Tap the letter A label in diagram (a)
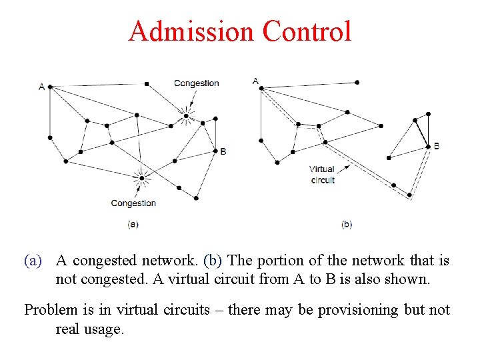[x=42, y=87]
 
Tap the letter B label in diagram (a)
[x=223, y=151]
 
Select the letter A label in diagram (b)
[x=255, y=81]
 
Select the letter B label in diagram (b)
[x=436, y=146]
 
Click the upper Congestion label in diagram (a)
[x=196, y=83]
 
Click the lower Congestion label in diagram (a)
[x=133, y=203]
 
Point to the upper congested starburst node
[x=186, y=117]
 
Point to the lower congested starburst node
[x=141, y=178]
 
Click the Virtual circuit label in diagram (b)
[x=322, y=175]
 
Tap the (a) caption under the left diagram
[x=133, y=225]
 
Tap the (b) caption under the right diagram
[x=347, y=225]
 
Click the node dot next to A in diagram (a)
[x=50, y=87]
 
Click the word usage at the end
[x=105, y=329]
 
